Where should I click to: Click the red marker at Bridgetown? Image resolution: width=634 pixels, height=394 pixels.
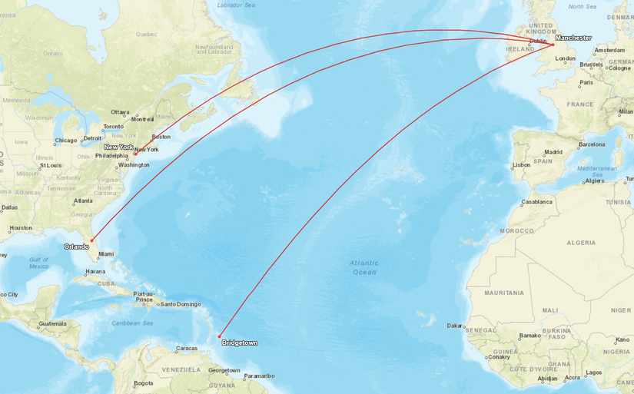coord(220,336)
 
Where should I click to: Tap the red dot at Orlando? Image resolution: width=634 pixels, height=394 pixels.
coord(91,240)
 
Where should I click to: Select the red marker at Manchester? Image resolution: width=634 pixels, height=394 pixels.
coord(553,45)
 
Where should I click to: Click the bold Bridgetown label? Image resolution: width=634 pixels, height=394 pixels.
coord(239,343)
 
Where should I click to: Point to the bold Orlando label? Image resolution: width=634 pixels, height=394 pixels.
coord(76,247)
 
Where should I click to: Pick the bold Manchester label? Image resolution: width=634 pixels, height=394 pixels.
coord(573,38)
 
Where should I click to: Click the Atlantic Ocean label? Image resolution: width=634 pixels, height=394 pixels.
coord(364,267)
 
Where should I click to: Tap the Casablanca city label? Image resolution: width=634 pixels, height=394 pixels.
coord(536,202)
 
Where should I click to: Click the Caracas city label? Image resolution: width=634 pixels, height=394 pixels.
coord(187,349)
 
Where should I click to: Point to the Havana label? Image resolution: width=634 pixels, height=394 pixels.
coord(95,271)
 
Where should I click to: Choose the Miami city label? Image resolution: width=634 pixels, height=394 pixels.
coord(105,254)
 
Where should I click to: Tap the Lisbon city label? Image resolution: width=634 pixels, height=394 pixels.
coord(521,164)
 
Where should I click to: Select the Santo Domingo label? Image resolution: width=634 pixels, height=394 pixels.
coord(180,304)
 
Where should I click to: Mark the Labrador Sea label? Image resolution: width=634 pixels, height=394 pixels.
coord(235,5)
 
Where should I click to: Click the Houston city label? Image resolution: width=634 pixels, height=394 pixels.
coord(21,227)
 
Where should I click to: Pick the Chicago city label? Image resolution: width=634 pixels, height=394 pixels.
coord(66,141)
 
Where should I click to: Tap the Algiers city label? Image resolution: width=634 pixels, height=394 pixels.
coord(594,181)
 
